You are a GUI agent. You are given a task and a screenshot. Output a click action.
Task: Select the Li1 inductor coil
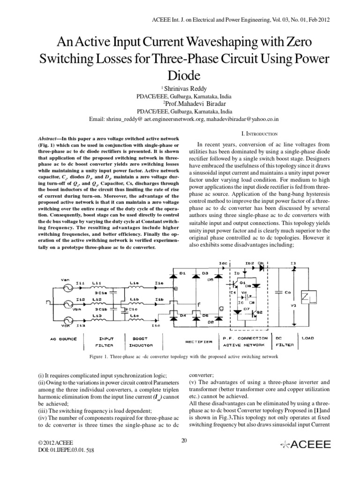click(98, 287)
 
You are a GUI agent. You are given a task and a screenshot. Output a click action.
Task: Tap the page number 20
click(184, 440)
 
